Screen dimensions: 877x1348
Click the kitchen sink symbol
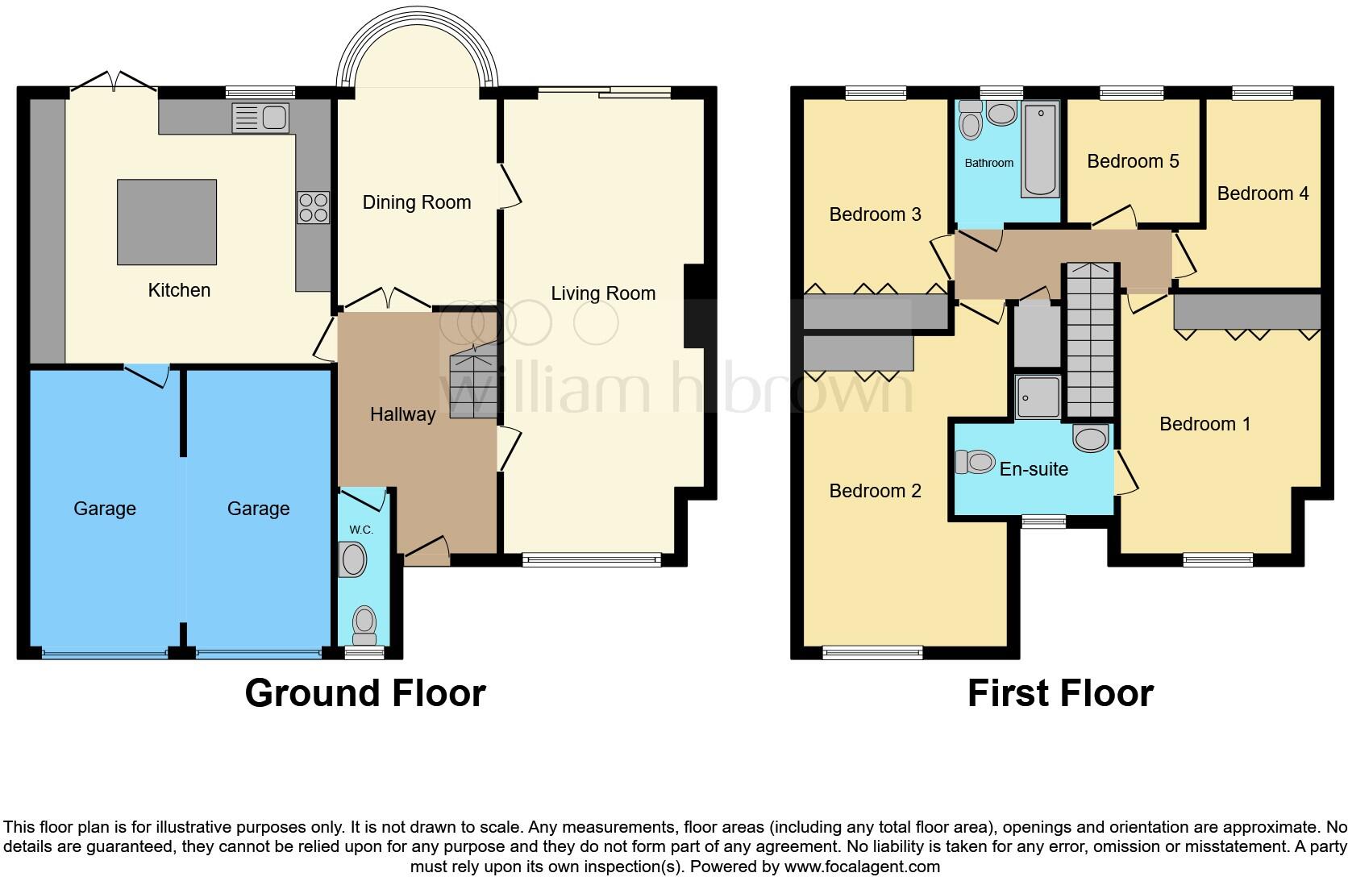click(x=260, y=118)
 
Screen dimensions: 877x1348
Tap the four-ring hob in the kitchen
click(x=313, y=206)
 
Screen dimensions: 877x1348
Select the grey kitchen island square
click(x=167, y=222)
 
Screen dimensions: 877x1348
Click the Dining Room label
click(x=416, y=202)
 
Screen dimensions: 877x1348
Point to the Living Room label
click(x=603, y=293)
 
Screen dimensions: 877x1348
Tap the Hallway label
click(x=402, y=414)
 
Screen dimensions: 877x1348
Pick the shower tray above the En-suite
click(x=1038, y=397)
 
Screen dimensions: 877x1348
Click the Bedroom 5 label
click(x=1133, y=161)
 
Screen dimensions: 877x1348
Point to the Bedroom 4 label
click(x=1263, y=193)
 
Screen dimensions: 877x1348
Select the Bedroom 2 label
click(x=875, y=491)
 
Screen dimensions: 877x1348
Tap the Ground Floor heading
click(x=364, y=693)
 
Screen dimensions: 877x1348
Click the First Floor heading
click(x=1059, y=693)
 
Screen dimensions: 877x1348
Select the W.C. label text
click(x=361, y=530)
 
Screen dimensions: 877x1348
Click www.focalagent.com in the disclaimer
click(x=861, y=867)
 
